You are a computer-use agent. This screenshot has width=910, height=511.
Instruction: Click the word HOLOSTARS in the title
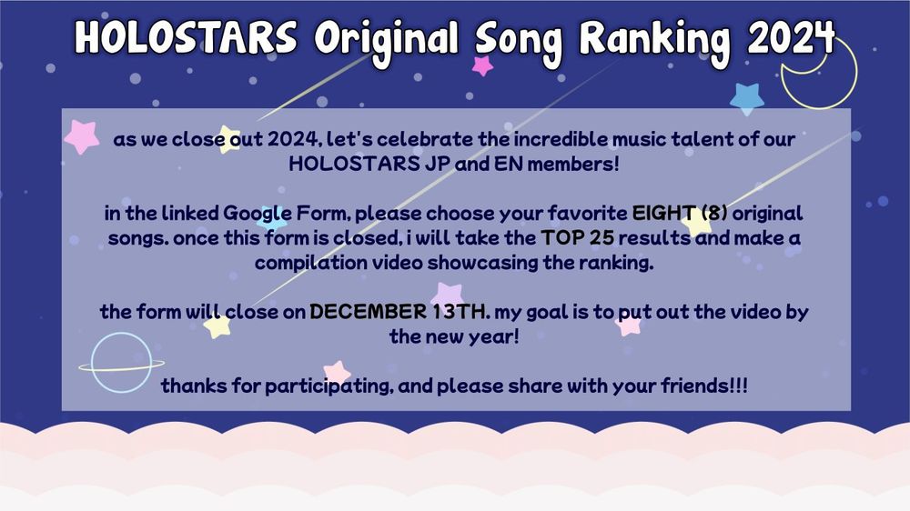pyautogui.click(x=186, y=36)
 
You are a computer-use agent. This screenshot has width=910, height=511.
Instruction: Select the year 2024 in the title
pyautogui.click(x=791, y=37)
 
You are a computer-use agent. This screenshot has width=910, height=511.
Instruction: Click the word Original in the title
pyautogui.click(x=387, y=42)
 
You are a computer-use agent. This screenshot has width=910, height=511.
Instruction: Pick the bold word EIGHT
pyautogui.click(x=664, y=214)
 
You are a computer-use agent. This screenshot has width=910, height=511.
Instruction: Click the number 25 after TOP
pyautogui.click(x=602, y=238)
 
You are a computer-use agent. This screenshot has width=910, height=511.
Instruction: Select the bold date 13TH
pyautogui.click(x=458, y=312)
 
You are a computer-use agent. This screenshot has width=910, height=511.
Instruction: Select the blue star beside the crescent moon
pyautogui.click(x=747, y=98)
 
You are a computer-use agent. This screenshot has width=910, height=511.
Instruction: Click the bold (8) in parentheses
pyautogui.click(x=714, y=214)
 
